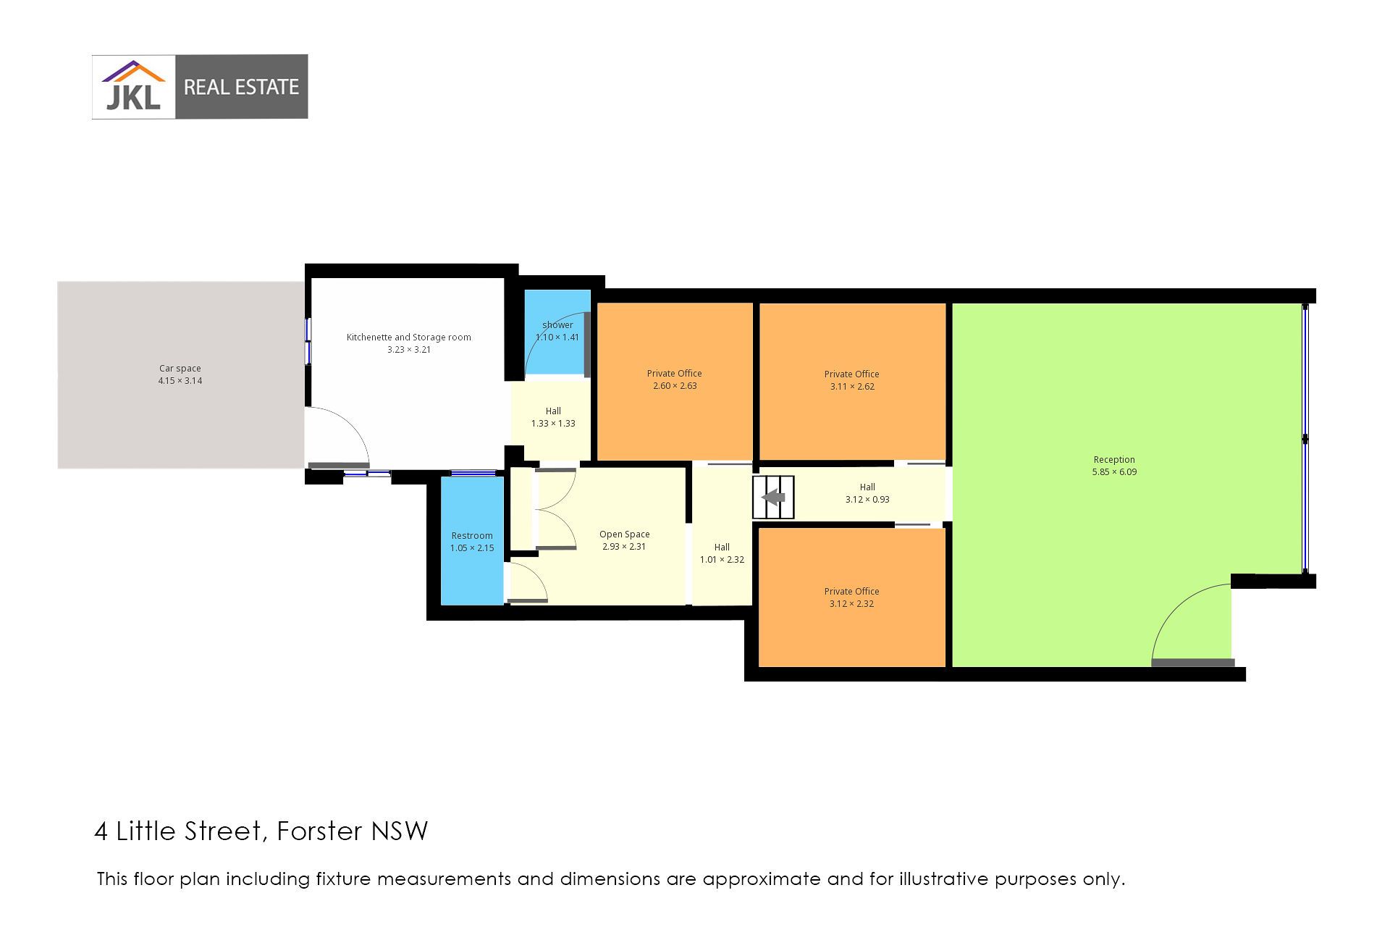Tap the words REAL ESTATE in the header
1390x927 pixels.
pyautogui.click(x=241, y=88)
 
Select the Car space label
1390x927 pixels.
pyautogui.click(x=180, y=369)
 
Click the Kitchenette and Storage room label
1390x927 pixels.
pyautogui.click(x=409, y=337)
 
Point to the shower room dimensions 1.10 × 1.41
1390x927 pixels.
pyautogui.click(x=557, y=337)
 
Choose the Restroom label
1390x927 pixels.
pyautogui.click(x=472, y=536)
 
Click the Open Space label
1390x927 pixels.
pyautogui.click(x=625, y=534)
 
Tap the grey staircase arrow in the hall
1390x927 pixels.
pyautogui.click(x=774, y=498)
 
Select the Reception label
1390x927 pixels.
pyautogui.click(x=1114, y=460)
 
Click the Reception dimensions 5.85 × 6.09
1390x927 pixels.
pyautogui.click(x=1114, y=472)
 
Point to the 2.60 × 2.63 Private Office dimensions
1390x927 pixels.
pyautogui.click(x=675, y=386)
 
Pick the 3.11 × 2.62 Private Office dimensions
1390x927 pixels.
pyautogui.click(x=852, y=387)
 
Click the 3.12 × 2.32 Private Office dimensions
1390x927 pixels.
pyautogui.click(x=852, y=604)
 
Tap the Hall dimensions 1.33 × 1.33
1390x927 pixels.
pyautogui.click(x=553, y=424)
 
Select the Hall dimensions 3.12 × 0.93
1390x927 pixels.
pyautogui.click(x=867, y=500)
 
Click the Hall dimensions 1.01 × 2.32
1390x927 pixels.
pyautogui.click(x=722, y=560)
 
